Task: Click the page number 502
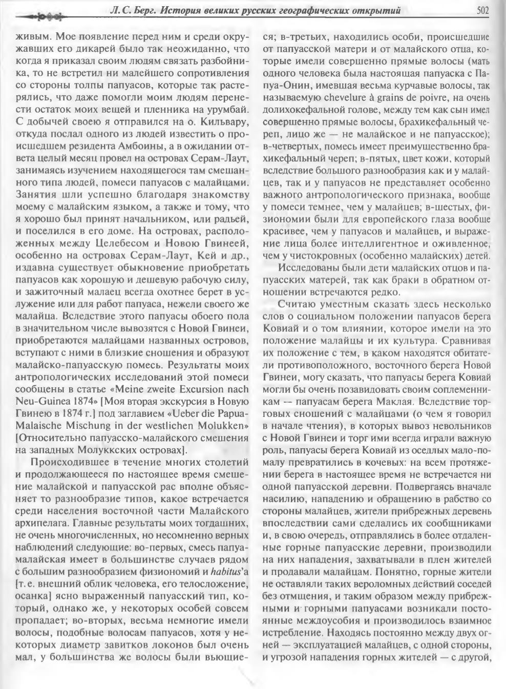[482, 9]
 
